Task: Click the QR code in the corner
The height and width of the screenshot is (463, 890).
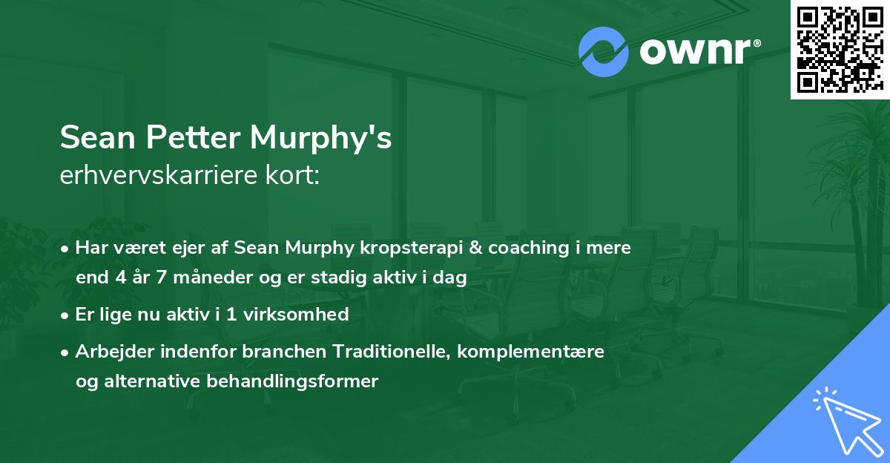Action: [840, 50]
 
